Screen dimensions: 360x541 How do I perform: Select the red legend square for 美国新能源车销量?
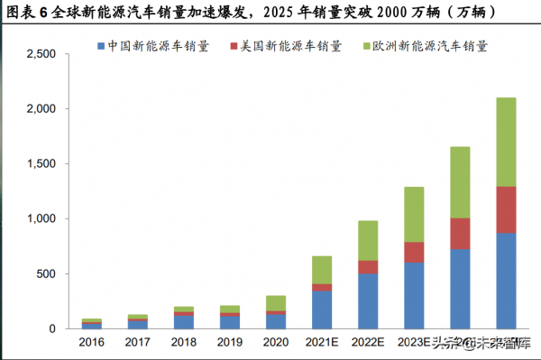point(235,44)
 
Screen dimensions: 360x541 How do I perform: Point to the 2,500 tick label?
point(40,54)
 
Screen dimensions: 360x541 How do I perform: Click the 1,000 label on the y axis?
point(40,218)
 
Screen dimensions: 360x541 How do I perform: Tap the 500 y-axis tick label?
point(46,273)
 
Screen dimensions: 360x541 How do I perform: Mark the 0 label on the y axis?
point(53,328)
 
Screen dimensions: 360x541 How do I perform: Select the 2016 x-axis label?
point(92,343)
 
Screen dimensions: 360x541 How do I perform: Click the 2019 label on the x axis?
point(230,343)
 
